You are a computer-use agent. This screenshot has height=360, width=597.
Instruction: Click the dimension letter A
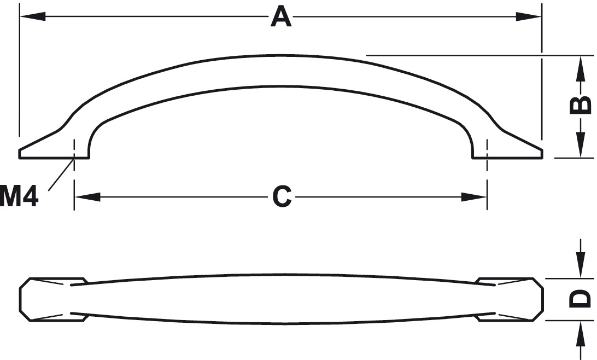281,17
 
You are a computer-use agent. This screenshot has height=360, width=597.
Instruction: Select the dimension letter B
580,105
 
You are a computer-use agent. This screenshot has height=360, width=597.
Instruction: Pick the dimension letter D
580,299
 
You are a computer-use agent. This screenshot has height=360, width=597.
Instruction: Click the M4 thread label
19,196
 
